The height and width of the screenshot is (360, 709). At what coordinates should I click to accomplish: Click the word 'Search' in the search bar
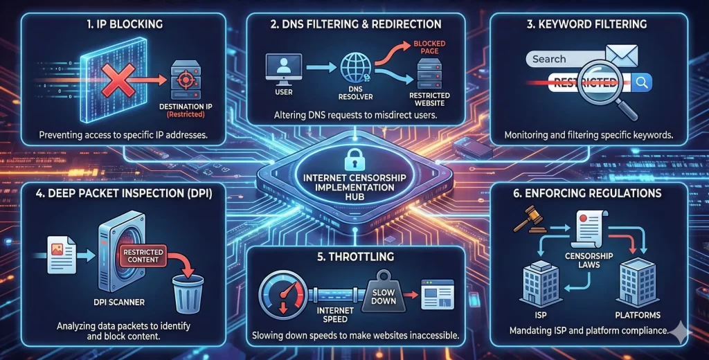[549, 59]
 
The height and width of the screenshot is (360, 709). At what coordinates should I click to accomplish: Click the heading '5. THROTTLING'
[354, 256]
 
